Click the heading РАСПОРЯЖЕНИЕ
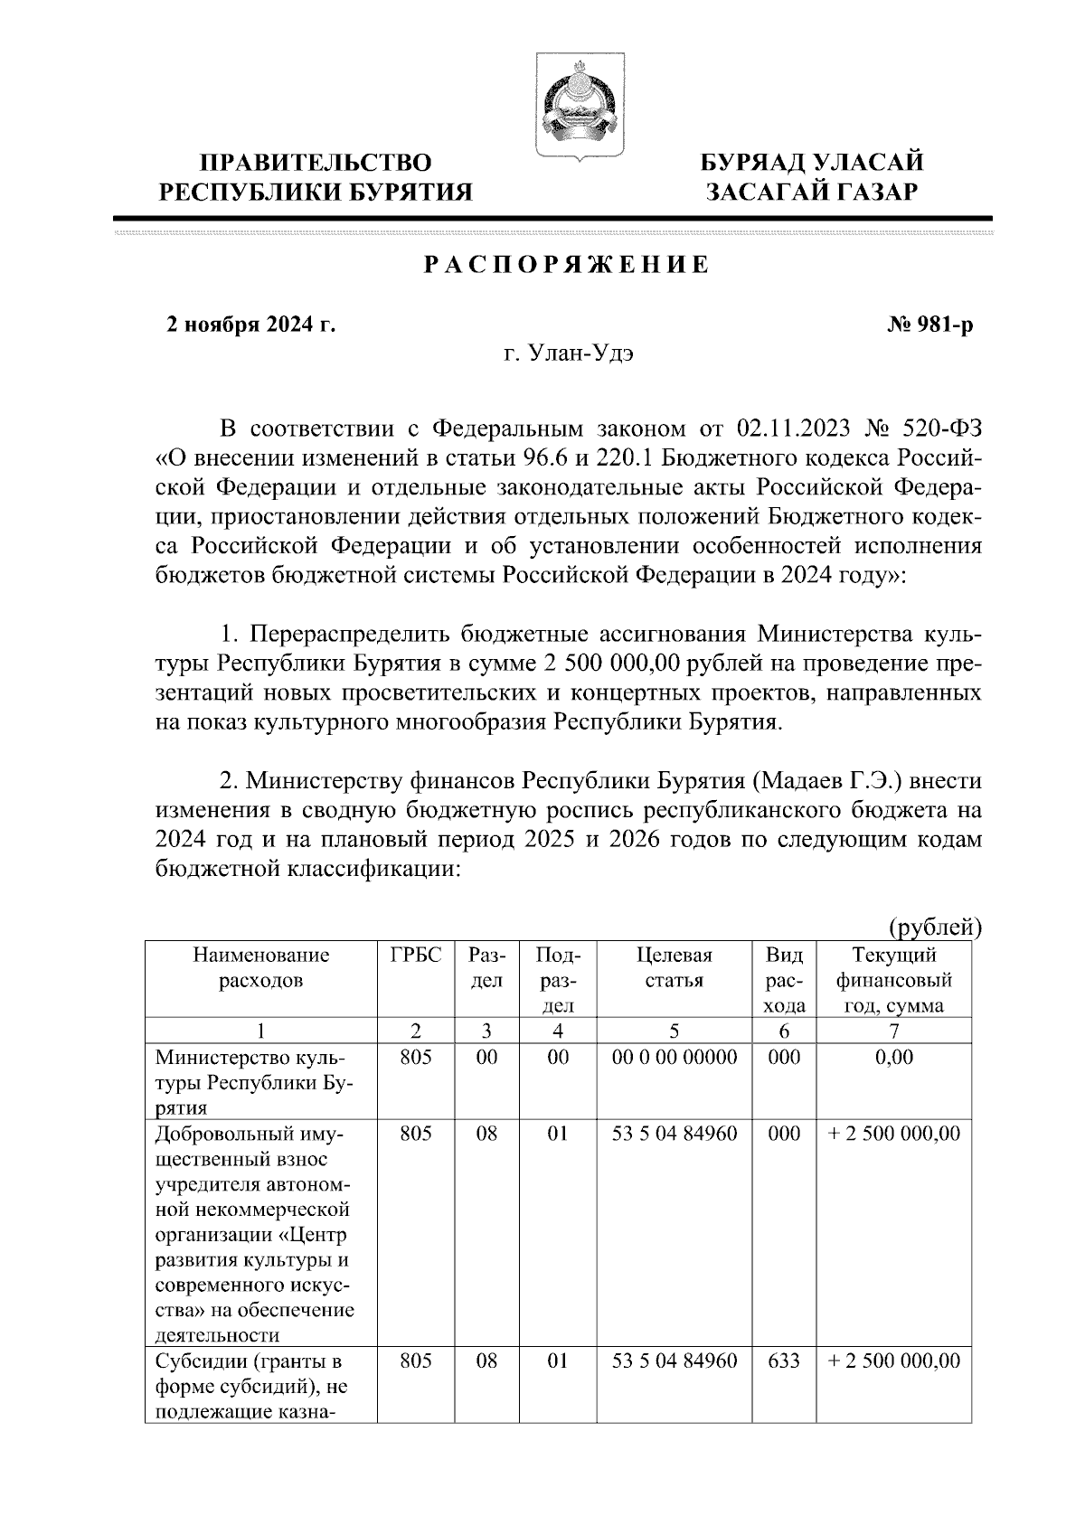click(567, 266)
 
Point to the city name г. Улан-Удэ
click(569, 354)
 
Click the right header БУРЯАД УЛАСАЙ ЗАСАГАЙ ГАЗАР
click(813, 176)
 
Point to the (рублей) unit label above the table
click(935, 928)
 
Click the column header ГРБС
click(416, 956)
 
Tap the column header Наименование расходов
click(261, 968)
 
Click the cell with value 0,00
click(894, 1057)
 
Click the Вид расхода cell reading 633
click(783, 1361)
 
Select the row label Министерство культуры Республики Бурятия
click(253, 1082)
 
